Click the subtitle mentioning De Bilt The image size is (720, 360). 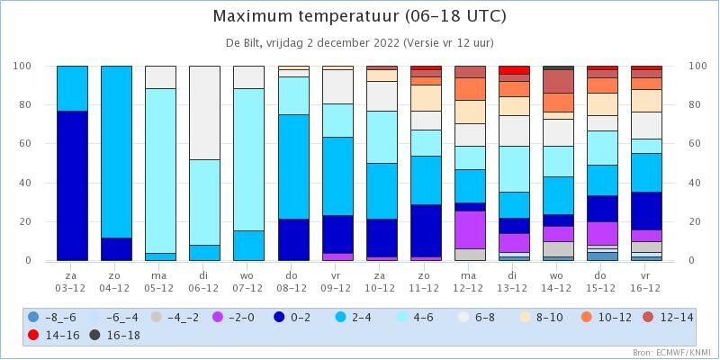359,43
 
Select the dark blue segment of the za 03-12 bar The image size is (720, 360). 73,185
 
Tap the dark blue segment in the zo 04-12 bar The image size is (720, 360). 117,249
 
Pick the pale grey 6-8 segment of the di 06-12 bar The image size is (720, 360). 205,113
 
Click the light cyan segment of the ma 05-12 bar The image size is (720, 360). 161,171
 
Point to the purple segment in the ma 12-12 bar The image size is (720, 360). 470,230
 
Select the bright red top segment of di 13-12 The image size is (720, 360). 514,70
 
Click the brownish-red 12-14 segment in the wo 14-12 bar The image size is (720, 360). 558,81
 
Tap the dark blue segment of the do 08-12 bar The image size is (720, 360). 293,239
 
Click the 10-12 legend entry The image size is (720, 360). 605,317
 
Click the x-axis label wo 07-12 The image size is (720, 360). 249,282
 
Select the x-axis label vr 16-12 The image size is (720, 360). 646,282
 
